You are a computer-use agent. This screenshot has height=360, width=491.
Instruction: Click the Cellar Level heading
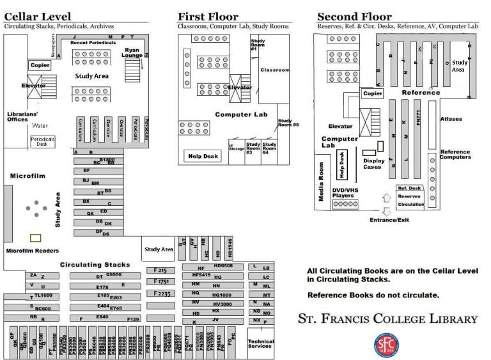click(x=37, y=16)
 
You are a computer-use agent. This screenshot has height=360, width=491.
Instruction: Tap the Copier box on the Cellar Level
click(x=40, y=65)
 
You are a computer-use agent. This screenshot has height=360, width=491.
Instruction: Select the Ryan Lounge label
click(x=133, y=52)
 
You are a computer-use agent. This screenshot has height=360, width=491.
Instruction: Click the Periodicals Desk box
click(x=39, y=142)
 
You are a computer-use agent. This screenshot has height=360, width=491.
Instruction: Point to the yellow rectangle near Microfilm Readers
click(x=36, y=238)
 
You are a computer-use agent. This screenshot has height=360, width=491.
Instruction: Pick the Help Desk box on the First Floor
click(x=201, y=155)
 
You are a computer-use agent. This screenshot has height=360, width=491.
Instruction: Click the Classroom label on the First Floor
click(x=275, y=70)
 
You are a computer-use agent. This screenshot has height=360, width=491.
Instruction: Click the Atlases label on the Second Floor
click(x=451, y=119)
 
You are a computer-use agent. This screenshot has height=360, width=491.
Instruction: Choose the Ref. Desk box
click(x=409, y=188)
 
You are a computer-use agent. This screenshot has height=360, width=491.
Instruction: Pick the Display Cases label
click(x=372, y=164)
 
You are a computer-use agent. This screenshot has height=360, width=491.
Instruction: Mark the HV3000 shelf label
click(x=221, y=304)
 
